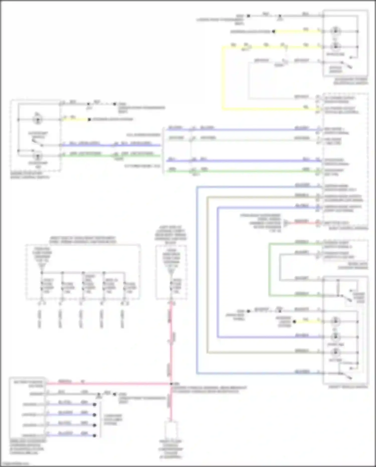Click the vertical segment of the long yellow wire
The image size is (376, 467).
point(222,78)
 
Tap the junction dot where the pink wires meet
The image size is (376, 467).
point(171,384)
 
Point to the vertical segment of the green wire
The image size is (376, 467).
point(269,270)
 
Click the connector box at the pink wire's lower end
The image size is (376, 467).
point(171,430)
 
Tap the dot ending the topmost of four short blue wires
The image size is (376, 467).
point(95,405)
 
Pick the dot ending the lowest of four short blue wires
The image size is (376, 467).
point(95,436)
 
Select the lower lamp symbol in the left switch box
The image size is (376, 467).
point(38,156)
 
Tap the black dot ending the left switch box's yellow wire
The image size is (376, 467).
point(89,120)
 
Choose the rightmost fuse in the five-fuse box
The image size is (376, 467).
point(124,286)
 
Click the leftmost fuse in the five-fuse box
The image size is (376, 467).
point(42,286)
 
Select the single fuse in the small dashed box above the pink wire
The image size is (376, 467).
point(171,286)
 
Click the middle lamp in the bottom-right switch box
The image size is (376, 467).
point(335,337)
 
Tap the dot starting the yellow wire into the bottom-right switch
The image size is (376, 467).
point(295,321)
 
